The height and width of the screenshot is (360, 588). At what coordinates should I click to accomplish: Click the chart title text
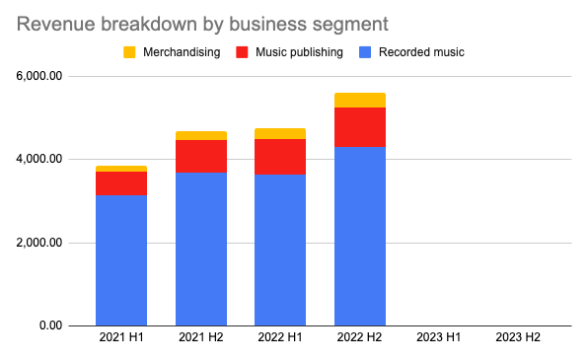202,25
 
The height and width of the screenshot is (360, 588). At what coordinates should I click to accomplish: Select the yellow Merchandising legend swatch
129,52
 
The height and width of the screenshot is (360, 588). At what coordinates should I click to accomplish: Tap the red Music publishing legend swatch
242,52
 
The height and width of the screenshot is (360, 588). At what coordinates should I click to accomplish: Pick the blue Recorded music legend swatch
365,52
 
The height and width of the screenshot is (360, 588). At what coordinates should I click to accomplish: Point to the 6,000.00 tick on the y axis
39,76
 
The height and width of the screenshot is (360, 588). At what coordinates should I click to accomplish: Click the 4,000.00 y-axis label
39,159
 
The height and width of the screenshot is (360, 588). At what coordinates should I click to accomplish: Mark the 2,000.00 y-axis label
39,243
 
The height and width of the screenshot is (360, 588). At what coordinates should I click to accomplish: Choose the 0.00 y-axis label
50,325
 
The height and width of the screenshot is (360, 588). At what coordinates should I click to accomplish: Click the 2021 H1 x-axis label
121,337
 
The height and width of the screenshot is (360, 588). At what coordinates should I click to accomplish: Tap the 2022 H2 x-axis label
360,337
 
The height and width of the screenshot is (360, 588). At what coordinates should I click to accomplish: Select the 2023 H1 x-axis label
439,337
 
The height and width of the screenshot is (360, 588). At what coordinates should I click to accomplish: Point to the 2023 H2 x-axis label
518,337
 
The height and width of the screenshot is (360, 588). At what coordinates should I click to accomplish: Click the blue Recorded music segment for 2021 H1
121,260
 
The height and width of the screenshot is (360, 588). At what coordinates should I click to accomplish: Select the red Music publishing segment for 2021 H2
201,157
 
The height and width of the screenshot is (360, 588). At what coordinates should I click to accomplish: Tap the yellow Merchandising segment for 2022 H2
360,101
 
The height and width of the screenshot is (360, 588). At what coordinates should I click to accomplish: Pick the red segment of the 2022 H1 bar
280,157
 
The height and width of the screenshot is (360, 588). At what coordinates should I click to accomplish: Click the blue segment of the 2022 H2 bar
360,237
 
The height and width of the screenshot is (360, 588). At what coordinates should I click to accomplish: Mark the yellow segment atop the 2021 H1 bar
121,169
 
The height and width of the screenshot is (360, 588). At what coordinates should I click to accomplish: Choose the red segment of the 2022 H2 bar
360,127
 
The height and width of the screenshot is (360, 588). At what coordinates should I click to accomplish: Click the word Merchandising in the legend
182,52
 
